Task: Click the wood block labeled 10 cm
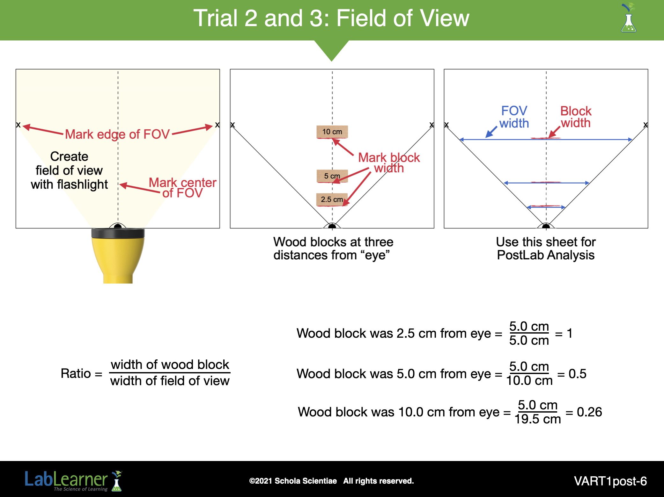[x=332, y=132]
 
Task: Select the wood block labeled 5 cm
[x=332, y=176]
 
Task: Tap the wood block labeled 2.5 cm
[x=332, y=199]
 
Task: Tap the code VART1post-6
[x=610, y=481]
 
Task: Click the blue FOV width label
[x=514, y=117]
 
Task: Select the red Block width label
[x=576, y=117]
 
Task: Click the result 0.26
[x=589, y=412]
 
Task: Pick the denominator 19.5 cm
[x=538, y=419]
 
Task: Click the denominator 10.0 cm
[x=529, y=380]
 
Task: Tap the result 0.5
[x=577, y=374]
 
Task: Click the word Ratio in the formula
[x=76, y=373]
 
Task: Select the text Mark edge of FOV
[x=117, y=134]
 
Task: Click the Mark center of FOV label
[x=182, y=188]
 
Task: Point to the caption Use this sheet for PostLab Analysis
[x=546, y=248]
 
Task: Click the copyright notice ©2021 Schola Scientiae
[x=293, y=481]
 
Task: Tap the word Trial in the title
[x=216, y=18]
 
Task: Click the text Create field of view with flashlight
[x=69, y=170]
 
